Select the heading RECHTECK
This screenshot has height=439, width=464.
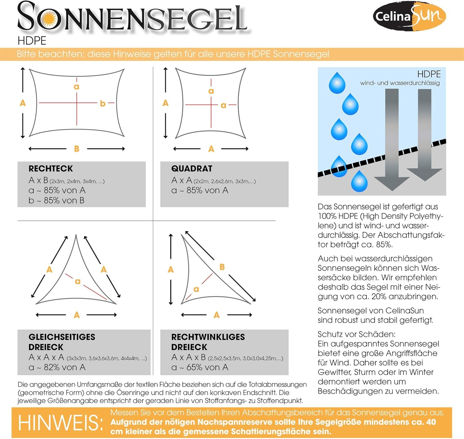pos(51,168)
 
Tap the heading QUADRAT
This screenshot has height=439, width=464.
pos(192,168)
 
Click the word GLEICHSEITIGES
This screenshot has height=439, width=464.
pos(62,337)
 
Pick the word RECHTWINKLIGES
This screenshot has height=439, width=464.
pos(208,337)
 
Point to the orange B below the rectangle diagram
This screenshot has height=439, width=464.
pos(77,149)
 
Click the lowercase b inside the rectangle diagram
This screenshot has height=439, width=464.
pos(102,103)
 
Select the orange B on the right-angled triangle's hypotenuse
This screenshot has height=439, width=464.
pos(222,267)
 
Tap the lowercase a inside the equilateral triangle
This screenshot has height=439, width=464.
pos(77,281)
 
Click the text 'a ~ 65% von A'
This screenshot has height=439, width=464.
pos(200,367)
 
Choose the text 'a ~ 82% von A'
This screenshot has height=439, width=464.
pos(57,367)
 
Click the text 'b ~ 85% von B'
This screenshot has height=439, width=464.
pos(56,200)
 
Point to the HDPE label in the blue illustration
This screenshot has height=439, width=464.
pos(429,74)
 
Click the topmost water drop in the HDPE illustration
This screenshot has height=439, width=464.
pos(337,83)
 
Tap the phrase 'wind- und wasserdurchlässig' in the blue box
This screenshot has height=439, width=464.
pos(400,83)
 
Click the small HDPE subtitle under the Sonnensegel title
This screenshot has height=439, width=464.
pos(32,41)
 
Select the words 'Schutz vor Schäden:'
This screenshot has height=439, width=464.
pos(356,334)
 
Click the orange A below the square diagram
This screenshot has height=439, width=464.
pos(211,149)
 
